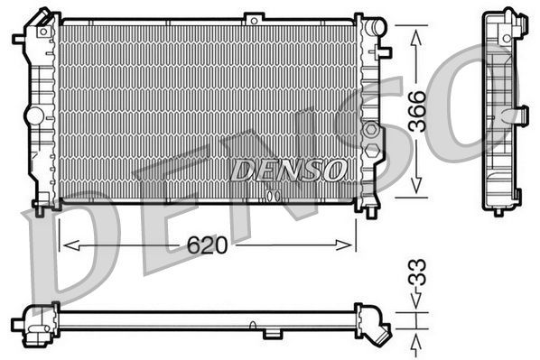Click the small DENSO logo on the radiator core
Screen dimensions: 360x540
click(287, 170)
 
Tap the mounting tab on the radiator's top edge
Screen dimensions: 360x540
click(254, 17)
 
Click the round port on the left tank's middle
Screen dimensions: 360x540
click(33, 115)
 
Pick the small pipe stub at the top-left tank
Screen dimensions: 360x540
click(19, 39)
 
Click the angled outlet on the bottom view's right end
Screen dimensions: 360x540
click(380, 331)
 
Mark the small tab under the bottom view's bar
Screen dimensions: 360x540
click(272, 334)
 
